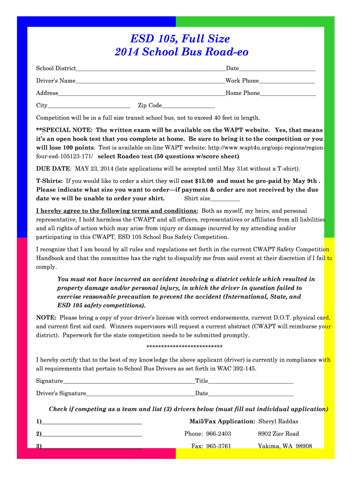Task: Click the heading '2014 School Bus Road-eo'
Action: (x=181, y=52)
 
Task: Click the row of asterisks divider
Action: (x=184, y=347)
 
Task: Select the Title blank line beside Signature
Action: (x=251, y=382)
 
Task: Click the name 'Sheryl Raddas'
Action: (x=278, y=421)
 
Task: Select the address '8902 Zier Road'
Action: (x=278, y=434)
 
